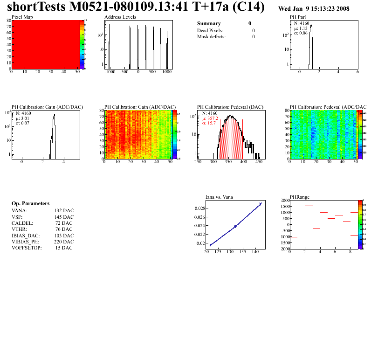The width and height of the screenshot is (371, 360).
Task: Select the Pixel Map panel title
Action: (x=22, y=17)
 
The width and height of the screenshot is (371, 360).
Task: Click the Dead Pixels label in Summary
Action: (x=210, y=30)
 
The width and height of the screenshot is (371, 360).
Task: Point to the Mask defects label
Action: (x=212, y=36)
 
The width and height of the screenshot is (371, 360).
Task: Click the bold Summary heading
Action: (x=209, y=23)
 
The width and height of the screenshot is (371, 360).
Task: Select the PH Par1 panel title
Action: (x=298, y=17)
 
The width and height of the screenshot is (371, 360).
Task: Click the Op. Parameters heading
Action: (x=30, y=203)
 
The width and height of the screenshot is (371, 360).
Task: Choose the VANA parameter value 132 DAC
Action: (x=64, y=210)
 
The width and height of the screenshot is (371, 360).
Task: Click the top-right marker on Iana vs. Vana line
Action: (x=261, y=204)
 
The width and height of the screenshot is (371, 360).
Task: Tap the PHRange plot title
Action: (x=300, y=197)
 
